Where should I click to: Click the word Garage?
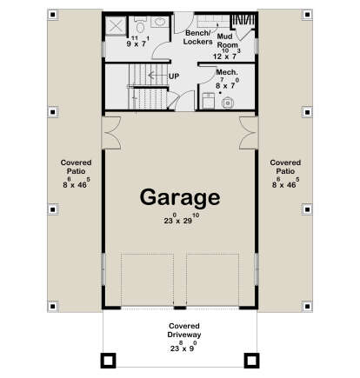(x=180, y=198)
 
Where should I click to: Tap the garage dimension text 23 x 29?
(x=180, y=219)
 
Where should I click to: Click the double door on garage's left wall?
(x=110, y=133)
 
